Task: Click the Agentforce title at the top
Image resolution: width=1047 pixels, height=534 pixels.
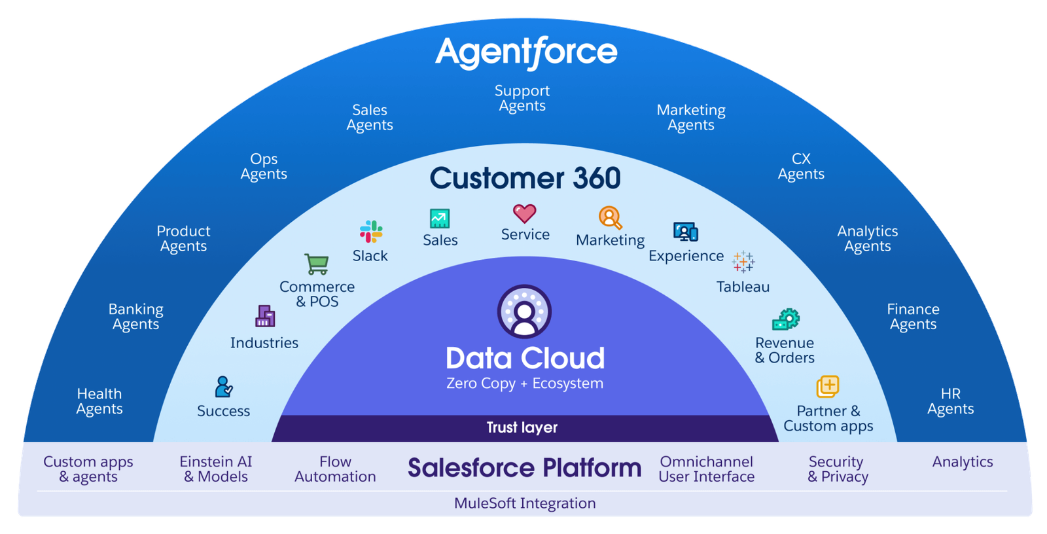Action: pyautogui.click(x=526, y=52)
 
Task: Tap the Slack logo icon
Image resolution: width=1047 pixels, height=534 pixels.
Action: pyautogui.click(x=371, y=232)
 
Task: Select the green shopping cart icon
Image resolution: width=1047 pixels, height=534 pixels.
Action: pyautogui.click(x=317, y=264)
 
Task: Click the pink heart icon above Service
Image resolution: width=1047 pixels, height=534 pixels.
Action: pyautogui.click(x=525, y=213)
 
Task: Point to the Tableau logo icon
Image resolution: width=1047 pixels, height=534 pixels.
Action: pyautogui.click(x=743, y=262)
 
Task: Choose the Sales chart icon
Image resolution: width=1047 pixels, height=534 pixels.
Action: pyautogui.click(x=440, y=218)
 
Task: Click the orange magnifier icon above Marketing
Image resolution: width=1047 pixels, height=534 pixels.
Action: pyautogui.click(x=610, y=218)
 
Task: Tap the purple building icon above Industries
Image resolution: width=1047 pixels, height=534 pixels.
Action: pyautogui.click(x=265, y=316)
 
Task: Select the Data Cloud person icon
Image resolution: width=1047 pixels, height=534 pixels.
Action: pyautogui.click(x=524, y=311)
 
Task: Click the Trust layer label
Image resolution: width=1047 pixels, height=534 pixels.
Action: pyautogui.click(x=522, y=427)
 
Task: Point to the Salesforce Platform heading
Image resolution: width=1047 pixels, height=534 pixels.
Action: pyautogui.click(x=524, y=468)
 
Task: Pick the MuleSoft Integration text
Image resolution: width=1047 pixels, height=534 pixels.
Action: pyautogui.click(x=525, y=503)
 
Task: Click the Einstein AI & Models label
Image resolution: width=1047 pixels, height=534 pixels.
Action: pyautogui.click(x=216, y=469)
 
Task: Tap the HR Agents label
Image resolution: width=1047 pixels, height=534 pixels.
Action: pyautogui.click(x=951, y=401)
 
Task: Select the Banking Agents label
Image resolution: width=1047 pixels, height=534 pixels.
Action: pyautogui.click(x=136, y=317)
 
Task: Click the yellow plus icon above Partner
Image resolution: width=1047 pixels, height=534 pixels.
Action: pyautogui.click(x=828, y=386)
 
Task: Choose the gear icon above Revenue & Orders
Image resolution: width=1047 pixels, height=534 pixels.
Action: pyautogui.click(x=786, y=319)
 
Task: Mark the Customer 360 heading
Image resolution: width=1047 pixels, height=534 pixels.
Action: pyautogui.click(x=525, y=178)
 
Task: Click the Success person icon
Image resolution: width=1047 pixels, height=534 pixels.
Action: pyautogui.click(x=224, y=387)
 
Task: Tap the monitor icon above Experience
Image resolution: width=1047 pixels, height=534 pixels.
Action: pyautogui.click(x=686, y=232)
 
